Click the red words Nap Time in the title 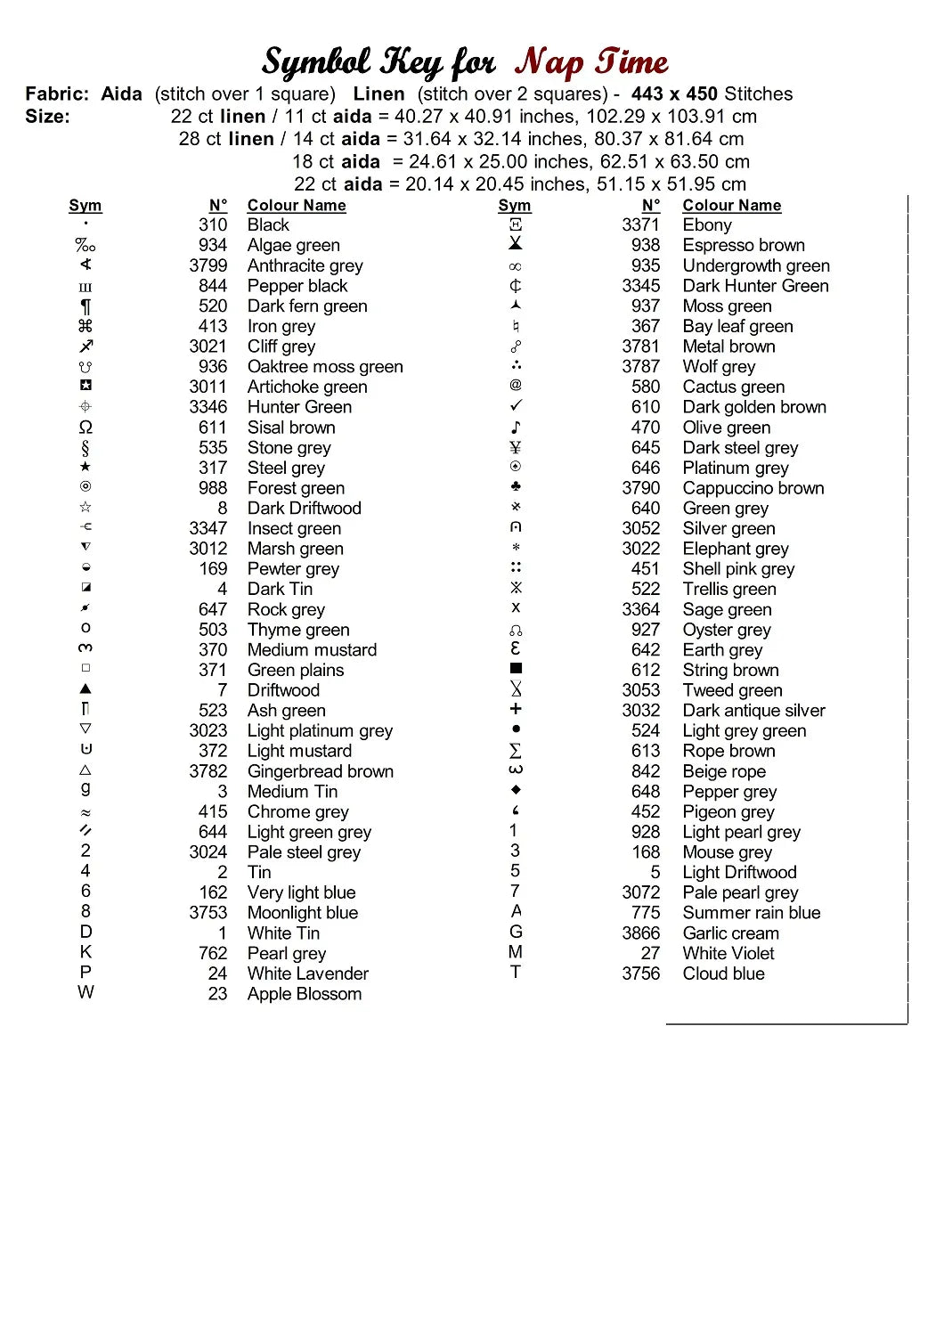coord(591,62)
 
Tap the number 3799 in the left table coord(208,265)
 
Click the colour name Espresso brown coord(743,245)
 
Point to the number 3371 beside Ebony coord(641,225)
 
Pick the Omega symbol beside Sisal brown coord(85,428)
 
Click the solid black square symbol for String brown coord(516,668)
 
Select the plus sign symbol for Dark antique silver coord(516,709)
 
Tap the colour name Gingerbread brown coord(320,771)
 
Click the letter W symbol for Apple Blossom coord(85,992)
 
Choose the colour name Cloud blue coord(723,973)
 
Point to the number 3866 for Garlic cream coord(641,933)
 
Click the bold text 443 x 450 coord(674,94)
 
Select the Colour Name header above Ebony coord(731,206)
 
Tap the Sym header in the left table coord(85,206)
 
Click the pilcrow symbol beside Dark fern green coord(85,306)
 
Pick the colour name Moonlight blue coord(302,913)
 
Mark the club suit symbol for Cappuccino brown coord(516,487)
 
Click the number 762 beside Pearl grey coord(213,953)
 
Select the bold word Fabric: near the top coord(57,94)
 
